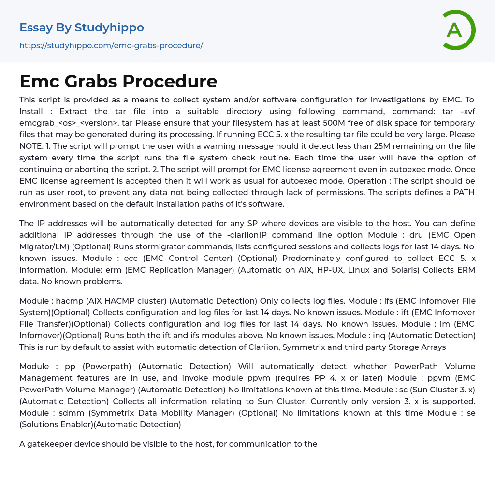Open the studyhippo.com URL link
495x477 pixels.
coord(111,45)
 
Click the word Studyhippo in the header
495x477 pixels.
coord(109,28)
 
